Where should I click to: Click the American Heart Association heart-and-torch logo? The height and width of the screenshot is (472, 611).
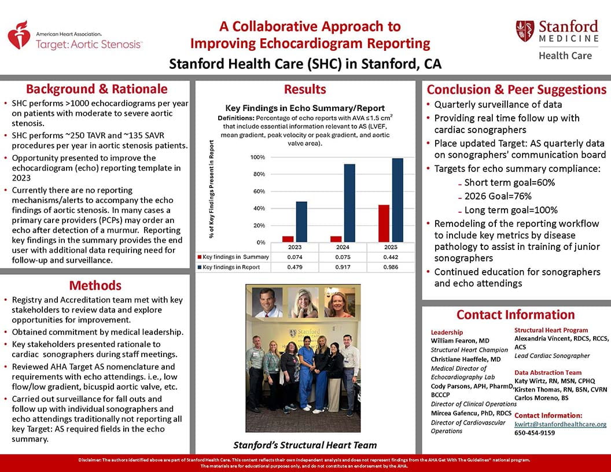(19, 35)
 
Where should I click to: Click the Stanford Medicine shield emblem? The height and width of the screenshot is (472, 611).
(525, 31)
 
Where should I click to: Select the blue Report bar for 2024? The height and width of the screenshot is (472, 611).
(349, 203)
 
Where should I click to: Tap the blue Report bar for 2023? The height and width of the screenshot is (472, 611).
(301, 222)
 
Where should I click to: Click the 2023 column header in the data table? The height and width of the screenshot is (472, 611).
(295, 247)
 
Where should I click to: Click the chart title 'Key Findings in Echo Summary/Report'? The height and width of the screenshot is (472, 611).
(304, 108)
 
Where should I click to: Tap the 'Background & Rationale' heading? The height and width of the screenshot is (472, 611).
(97, 89)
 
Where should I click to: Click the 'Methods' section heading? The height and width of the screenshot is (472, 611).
(95, 286)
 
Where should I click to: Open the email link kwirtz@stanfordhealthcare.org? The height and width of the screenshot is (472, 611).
(560, 424)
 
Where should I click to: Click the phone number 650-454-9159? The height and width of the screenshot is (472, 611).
(535, 433)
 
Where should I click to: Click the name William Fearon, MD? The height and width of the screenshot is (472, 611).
(460, 341)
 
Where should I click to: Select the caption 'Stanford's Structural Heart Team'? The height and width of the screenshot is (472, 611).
(305, 445)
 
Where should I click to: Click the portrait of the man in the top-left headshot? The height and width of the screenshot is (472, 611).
(268, 302)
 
